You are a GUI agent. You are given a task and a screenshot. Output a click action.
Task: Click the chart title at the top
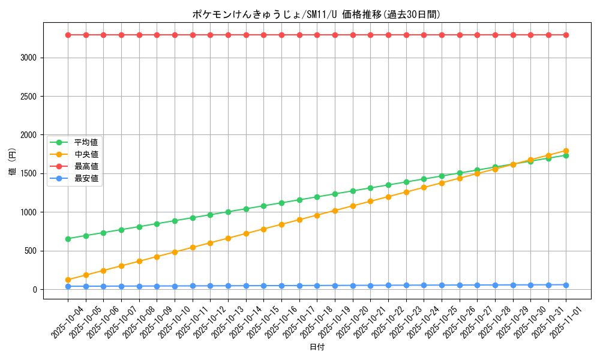pos(316,14)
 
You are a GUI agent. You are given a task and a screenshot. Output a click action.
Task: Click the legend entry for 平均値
pos(86,142)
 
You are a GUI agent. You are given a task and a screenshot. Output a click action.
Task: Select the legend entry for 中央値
pos(86,154)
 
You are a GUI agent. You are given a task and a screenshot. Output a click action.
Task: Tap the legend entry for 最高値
pos(86,166)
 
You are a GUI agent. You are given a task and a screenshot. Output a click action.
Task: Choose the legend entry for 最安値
pos(86,178)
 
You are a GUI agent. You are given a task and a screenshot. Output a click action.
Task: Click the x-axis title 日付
pos(316,347)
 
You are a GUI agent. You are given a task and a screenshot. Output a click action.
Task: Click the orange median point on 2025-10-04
pos(68,280)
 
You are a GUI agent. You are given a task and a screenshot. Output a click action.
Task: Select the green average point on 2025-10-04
pos(68,239)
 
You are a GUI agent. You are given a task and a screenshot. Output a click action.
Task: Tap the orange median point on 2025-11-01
pos(566,151)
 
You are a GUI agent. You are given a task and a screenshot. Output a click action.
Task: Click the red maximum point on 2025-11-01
pos(566,35)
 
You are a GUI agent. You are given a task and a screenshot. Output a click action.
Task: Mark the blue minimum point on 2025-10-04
pos(68,286)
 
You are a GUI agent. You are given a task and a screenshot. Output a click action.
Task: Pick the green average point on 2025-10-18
pos(317,197)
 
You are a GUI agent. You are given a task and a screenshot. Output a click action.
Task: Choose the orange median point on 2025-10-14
pos(246,233)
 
